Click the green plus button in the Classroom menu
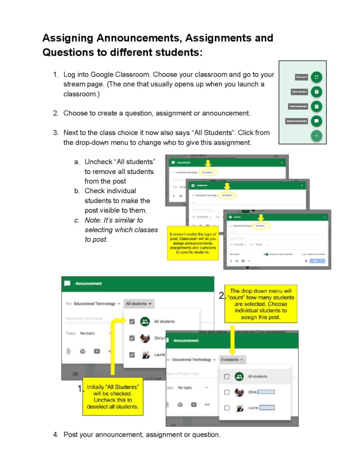pyautogui.click(x=316, y=136)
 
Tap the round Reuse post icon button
pyautogui.click(x=316, y=77)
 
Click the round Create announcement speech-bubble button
pyautogui.click(x=316, y=121)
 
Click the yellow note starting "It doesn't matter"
pyautogui.click(x=193, y=243)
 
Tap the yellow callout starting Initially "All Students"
pyautogui.click(x=112, y=396)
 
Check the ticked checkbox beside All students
pyautogui.click(x=132, y=322)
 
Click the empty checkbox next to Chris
pyautogui.click(x=227, y=392)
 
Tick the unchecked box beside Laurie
pyautogui.click(x=227, y=408)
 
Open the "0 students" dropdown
pyautogui.click(x=233, y=360)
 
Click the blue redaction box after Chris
pyautogui.click(x=266, y=392)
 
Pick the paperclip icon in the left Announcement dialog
pyautogui.click(x=68, y=351)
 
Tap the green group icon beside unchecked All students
pyautogui.click(x=239, y=376)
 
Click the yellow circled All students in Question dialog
pyautogui.click(x=261, y=225)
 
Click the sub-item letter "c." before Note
pyautogui.click(x=77, y=220)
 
